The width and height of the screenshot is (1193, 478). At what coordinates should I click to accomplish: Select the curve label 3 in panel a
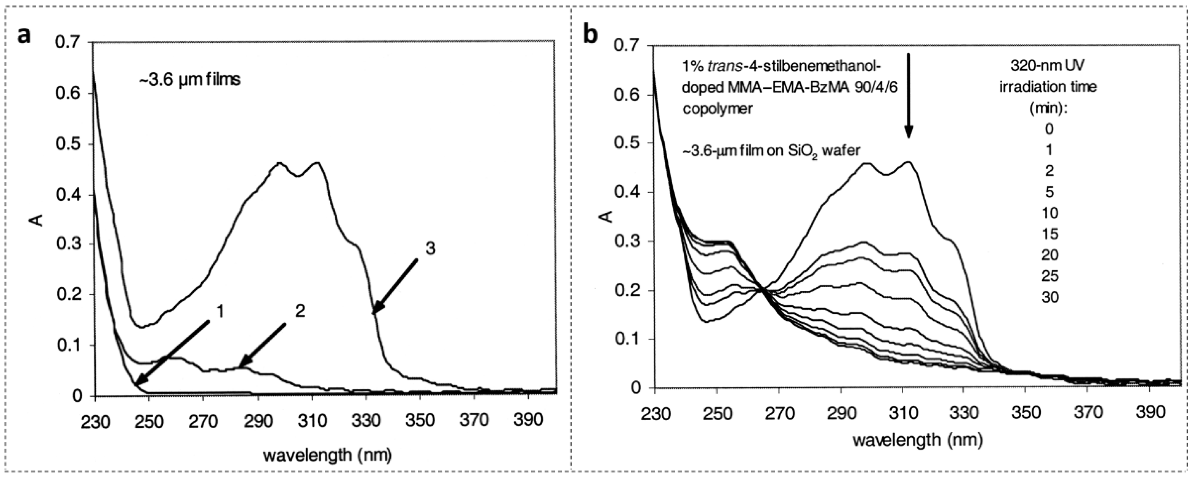(430, 249)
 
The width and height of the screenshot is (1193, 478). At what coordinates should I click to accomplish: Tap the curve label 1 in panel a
(220, 311)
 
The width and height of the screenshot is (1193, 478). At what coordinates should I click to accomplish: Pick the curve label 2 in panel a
(300, 311)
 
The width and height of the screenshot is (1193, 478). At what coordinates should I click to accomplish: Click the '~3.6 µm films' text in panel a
(190, 80)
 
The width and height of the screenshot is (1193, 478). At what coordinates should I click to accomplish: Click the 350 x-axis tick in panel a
(420, 421)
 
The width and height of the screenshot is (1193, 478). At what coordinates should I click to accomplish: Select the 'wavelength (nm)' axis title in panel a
(328, 455)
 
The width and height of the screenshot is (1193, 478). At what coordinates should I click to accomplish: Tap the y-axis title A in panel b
(608, 216)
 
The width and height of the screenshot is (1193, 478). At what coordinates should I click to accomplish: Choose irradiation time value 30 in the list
(1049, 297)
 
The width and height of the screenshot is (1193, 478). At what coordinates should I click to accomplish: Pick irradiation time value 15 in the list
(1049, 234)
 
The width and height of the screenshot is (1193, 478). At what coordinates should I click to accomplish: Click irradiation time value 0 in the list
(1049, 128)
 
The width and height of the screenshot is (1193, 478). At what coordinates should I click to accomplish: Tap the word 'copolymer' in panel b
(717, 109)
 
